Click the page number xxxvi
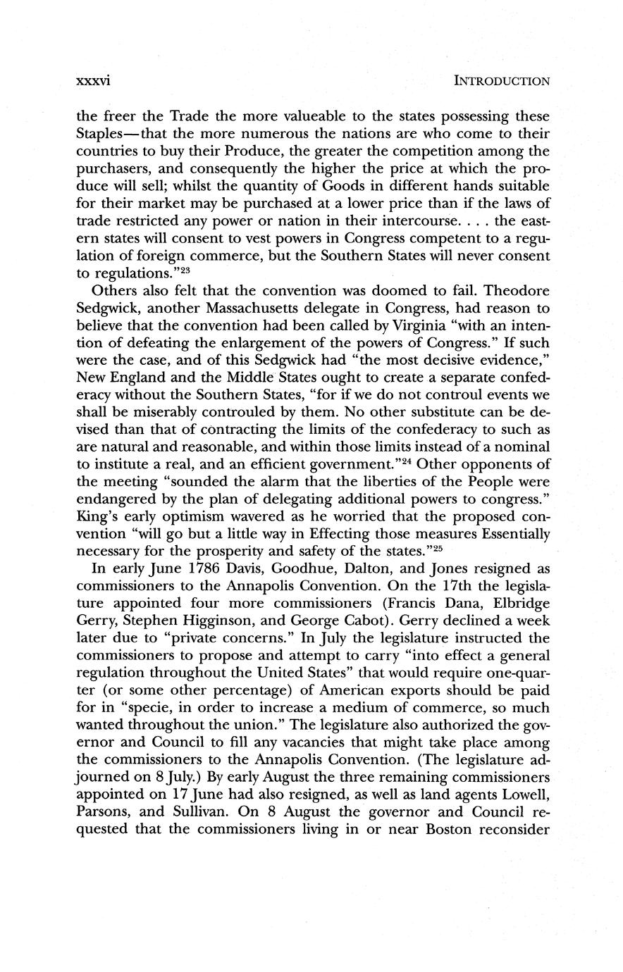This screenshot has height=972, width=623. [93, 81]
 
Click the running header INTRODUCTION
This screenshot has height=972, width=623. [502, 81]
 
